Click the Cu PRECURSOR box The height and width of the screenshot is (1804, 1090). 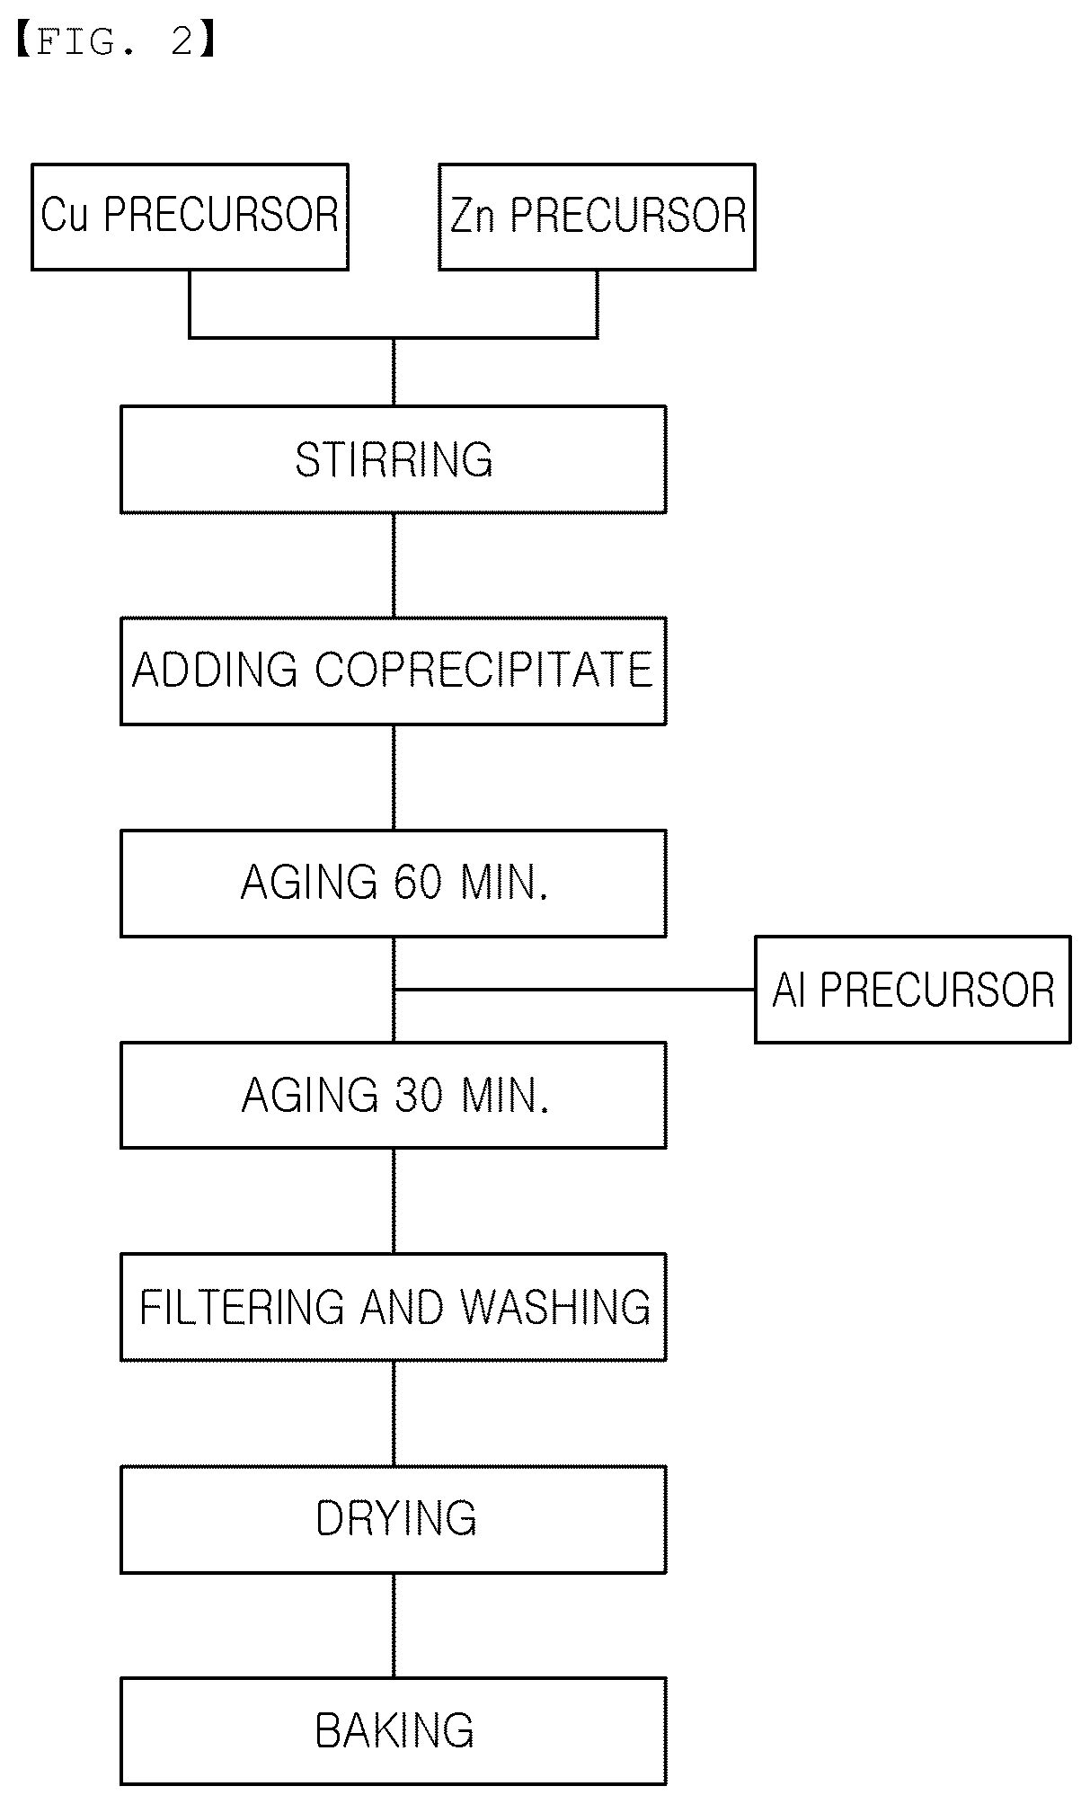(190, 217)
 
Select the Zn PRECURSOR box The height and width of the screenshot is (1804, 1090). (597, 217)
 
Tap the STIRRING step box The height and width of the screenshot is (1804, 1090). (394, 459)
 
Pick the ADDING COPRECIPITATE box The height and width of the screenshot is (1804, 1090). (394, 671)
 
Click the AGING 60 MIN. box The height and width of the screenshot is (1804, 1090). (394, 883)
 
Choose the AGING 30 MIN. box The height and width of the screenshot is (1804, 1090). (394, 1095)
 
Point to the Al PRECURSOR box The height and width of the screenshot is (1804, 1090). (913, 990)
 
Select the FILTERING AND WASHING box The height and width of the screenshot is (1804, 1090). (394, 1307)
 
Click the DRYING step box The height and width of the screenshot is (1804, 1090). (394, 1519)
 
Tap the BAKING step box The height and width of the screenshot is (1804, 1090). (394, 1731)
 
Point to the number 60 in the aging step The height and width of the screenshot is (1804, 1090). (418, 883)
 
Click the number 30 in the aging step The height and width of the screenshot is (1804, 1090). (419, 1095)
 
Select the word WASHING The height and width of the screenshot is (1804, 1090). (555, 1307)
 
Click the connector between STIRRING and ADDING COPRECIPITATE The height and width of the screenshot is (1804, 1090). (394, 565)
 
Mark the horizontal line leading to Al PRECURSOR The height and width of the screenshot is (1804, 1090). (574, 990)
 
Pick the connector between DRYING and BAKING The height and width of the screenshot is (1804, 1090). (394, 1625)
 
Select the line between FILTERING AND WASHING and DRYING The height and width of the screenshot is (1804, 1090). (394, 1413)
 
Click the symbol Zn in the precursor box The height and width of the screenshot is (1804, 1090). (473, 217)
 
